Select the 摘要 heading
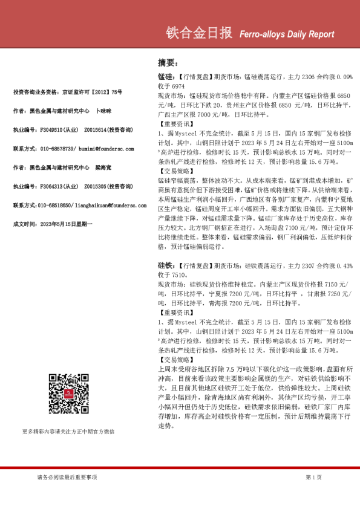[167, 63]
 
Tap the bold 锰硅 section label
[165, 78]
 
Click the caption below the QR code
[68, 432]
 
